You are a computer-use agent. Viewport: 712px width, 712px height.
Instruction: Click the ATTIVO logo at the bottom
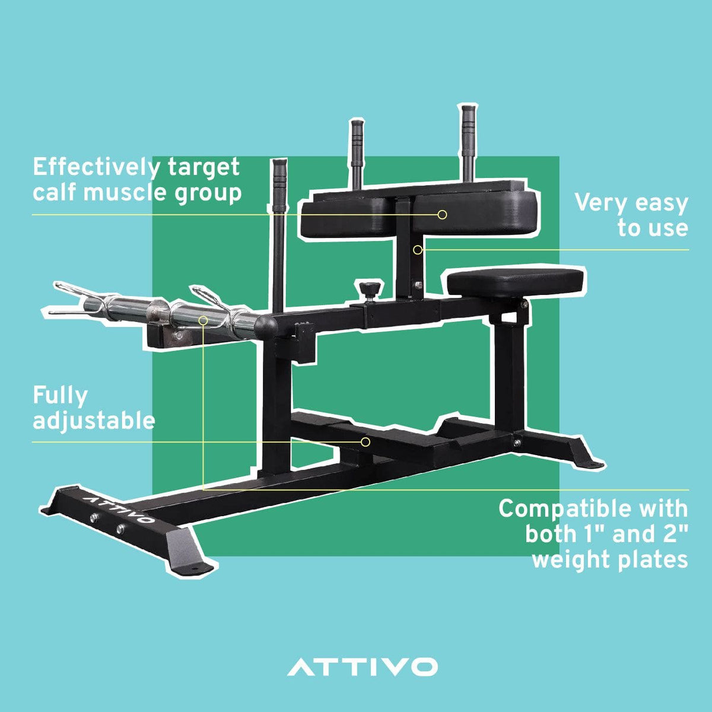[363, 666]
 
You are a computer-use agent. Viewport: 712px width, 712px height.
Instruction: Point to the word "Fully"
[60, 396]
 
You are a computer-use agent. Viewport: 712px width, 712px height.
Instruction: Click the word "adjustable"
[94, 421]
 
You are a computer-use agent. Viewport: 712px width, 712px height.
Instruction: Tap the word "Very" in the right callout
[600, 204]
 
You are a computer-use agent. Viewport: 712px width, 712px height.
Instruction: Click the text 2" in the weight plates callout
[673, 534]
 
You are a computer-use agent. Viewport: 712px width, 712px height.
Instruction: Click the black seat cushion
[514, 282]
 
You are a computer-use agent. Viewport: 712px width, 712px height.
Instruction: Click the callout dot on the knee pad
[442, 215]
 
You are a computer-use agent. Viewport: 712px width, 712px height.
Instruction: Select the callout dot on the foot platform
[366, 442]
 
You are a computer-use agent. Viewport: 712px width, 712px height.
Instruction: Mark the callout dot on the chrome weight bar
[204, 320]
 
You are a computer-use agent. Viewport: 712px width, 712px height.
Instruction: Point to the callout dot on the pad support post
[418, 250]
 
